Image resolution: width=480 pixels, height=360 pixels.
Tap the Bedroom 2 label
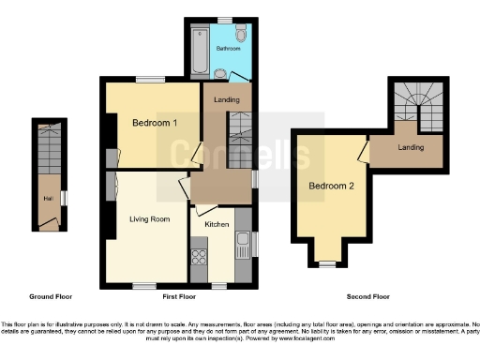[x=331, y=186]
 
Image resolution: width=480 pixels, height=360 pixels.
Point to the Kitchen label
[x=217, y=225]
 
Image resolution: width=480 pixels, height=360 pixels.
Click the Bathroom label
[x=228, y=47]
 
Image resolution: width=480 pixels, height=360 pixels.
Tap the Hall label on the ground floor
[x=46, y=198]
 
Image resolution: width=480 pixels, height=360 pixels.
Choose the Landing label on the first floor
[x=226, y=99]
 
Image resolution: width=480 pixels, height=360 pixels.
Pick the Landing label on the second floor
[x=411, y=147]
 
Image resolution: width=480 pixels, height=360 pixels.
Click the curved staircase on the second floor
[x=419, y=102]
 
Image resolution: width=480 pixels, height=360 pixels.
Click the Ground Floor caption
[x=51, y=296]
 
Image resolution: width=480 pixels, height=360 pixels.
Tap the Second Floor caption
[x=367, y=296]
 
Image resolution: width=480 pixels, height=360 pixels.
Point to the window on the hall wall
[x=66, y=198]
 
